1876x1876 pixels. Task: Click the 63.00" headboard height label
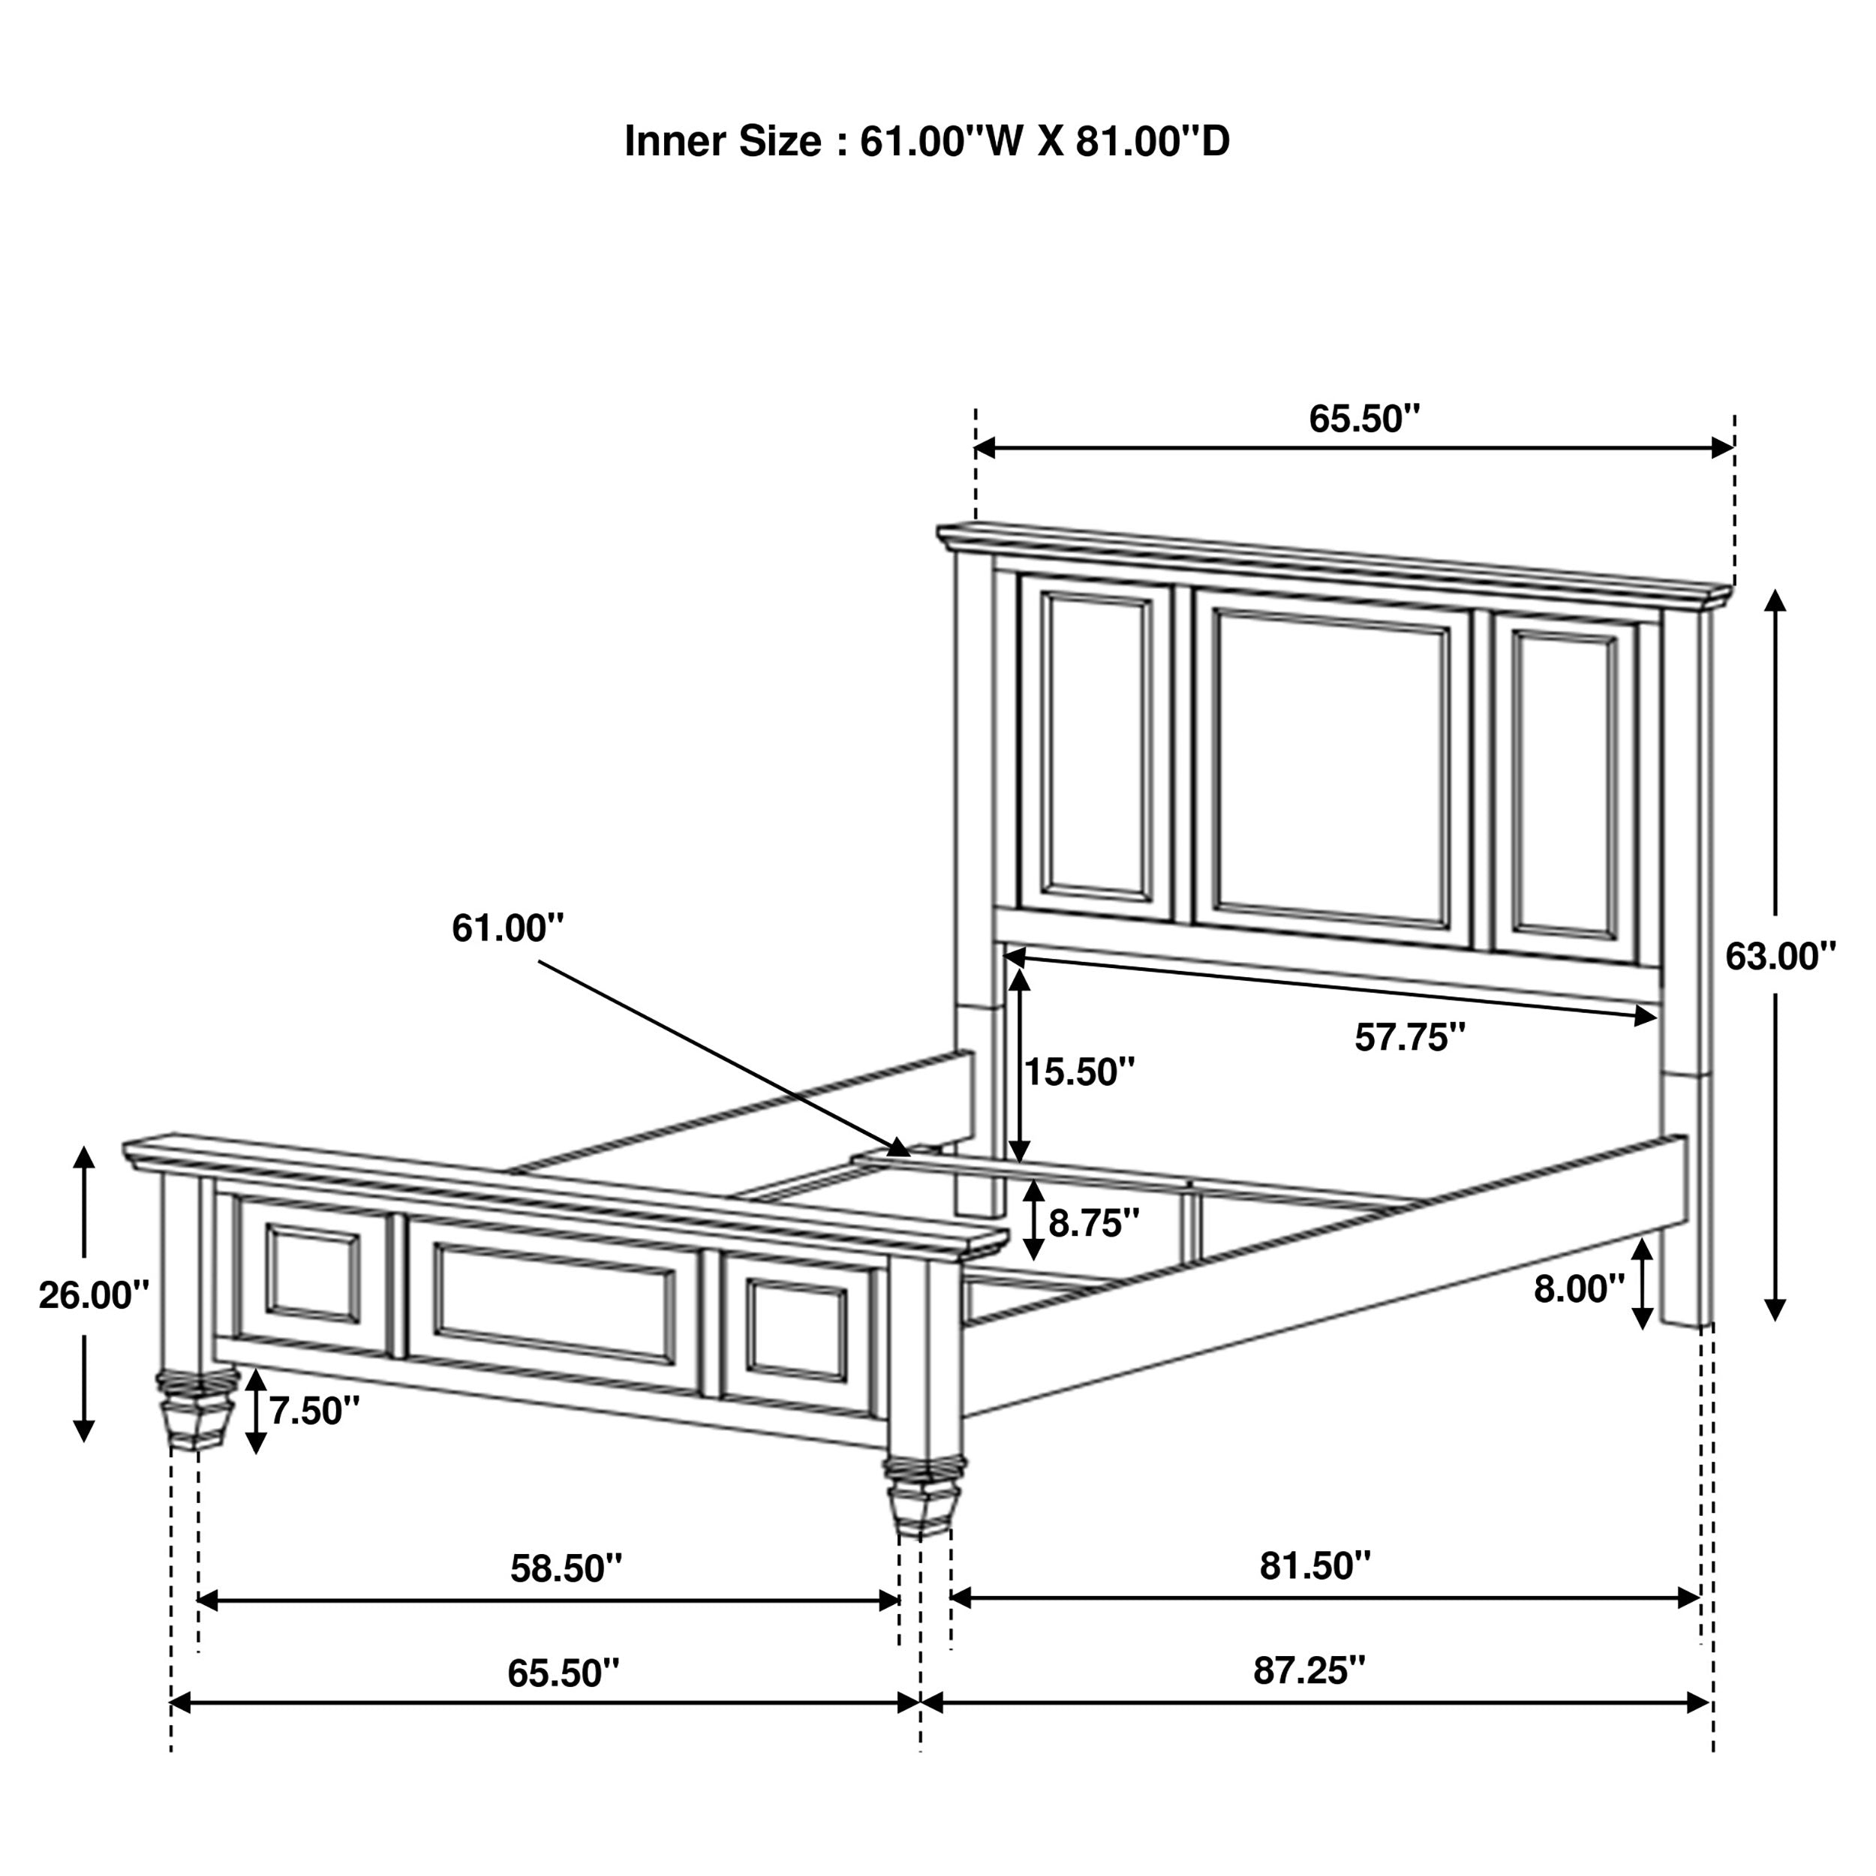pos(1780,958)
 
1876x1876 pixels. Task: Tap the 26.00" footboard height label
pos(93,1295)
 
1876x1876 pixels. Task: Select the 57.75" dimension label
pos(1409,1038)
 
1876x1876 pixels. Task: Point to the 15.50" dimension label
pos(1079,1072)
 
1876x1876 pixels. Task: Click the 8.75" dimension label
pos(1093,1223)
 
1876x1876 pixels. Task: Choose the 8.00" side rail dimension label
pos(1579,1288)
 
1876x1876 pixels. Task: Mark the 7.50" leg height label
pos(314,1411)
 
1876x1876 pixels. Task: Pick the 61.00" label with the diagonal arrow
pos(507,928)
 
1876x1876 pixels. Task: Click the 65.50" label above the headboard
pos(1363,419)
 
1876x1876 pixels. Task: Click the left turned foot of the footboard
pos(198,1421)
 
